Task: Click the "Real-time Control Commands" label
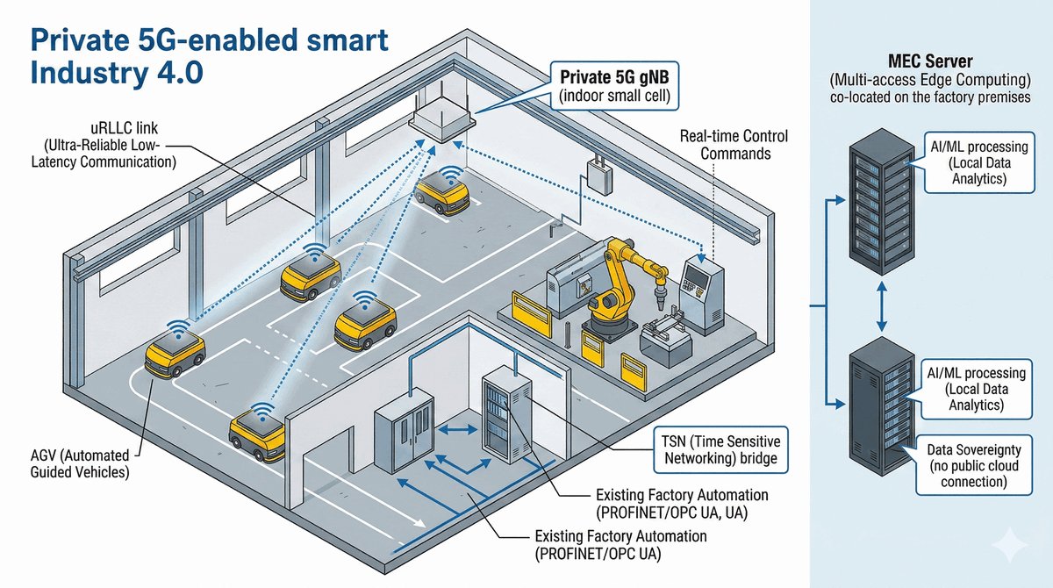[x=734, y=145]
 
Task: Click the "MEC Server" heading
[x=929, y=62]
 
